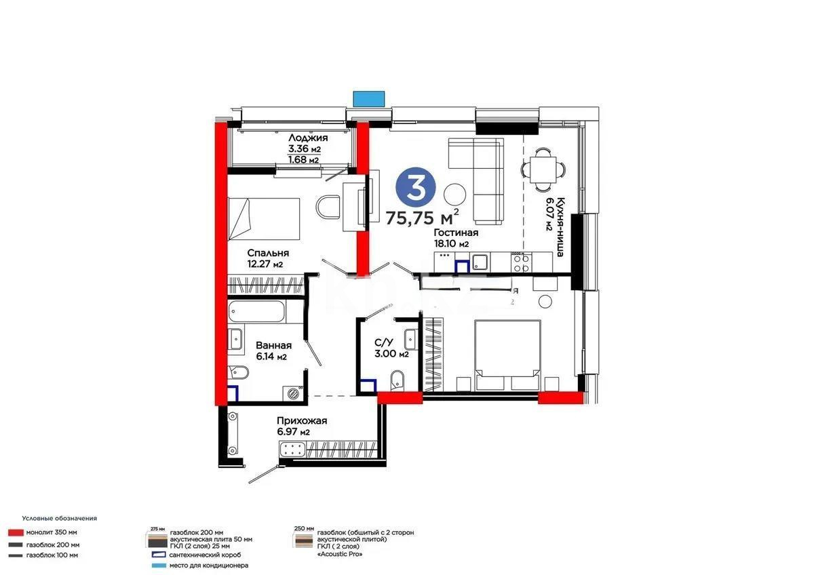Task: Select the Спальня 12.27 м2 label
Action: [x=265, y=258]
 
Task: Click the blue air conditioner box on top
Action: [x=369, y=98]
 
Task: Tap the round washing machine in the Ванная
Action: [x=294, y=391]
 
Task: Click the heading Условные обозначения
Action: [x=59, y=518]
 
